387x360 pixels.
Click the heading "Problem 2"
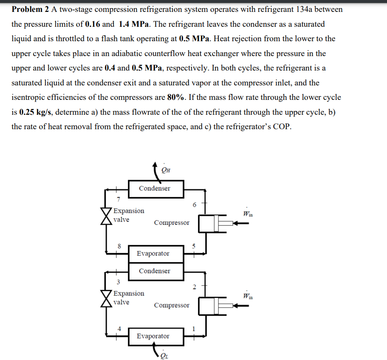pos(30,9)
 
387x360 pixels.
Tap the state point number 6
pos(195,205)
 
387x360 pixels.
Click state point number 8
pos(119,245)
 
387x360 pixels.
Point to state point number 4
pos(119,328)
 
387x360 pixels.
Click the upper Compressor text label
pos(172,223)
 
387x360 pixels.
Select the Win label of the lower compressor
pos(248,296)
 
